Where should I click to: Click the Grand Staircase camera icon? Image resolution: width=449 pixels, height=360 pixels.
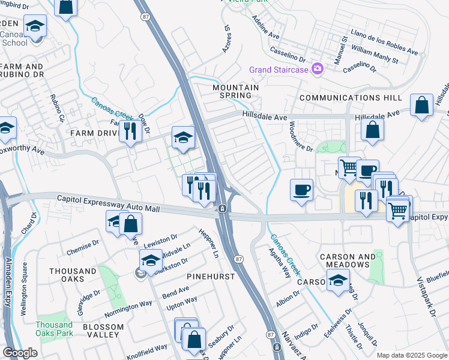(x=318, y=70)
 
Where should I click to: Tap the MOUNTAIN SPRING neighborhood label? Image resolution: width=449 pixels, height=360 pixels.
(x=235, y=92)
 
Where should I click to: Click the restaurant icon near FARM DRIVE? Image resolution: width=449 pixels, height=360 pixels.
(x=130, y=130)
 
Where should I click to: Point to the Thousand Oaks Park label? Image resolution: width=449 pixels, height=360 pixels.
(x=54, y=328)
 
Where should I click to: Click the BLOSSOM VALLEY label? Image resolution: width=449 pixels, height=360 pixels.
(x=103, y=331)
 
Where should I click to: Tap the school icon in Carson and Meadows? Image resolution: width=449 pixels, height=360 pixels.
(x=338, y=280)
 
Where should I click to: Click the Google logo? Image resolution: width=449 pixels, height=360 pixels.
(x=20, y=353)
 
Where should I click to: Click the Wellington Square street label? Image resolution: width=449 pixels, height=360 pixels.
(x=25, y=280)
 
